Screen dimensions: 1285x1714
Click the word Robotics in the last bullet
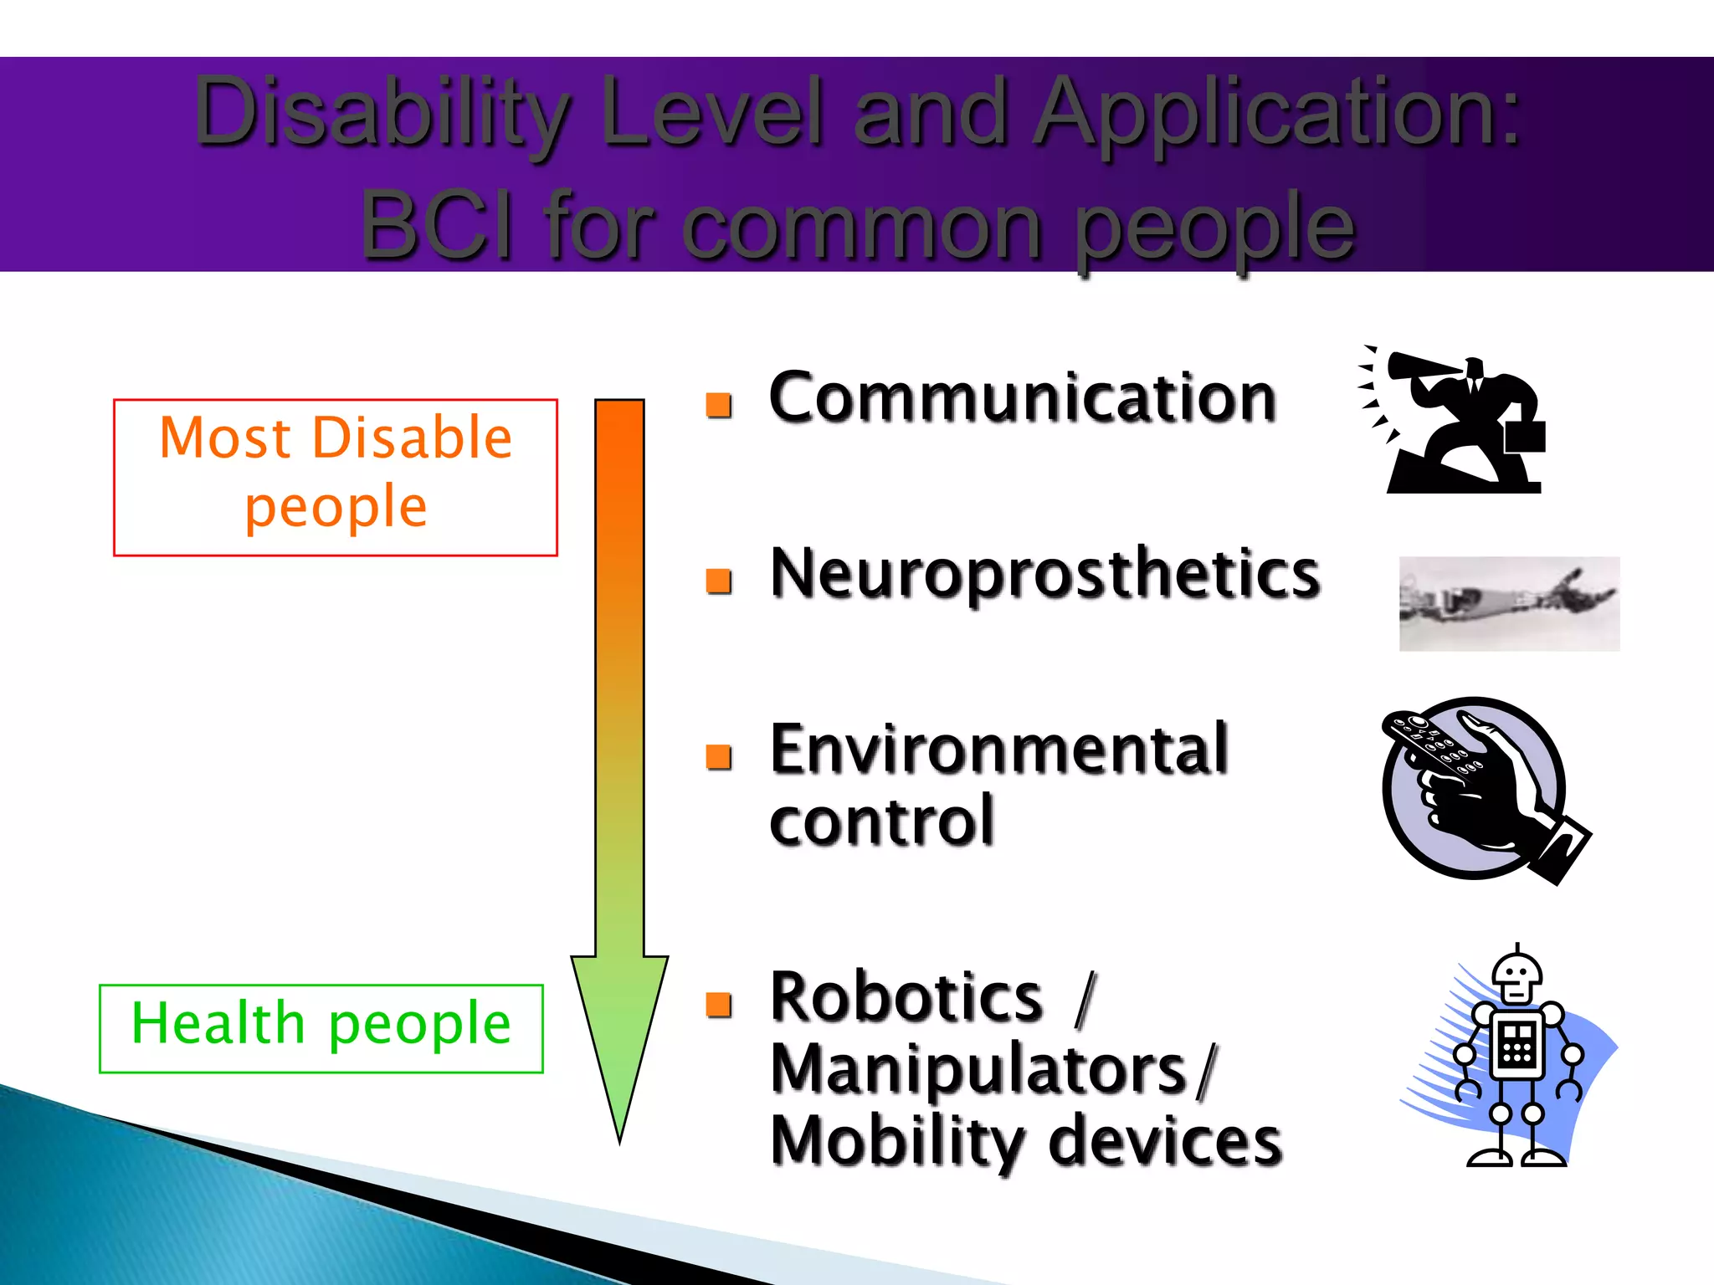point(906,997)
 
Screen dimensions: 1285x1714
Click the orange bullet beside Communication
point(718,405)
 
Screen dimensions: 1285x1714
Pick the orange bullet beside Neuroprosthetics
point(718,581)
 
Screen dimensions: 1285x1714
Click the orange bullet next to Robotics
point(718,1004)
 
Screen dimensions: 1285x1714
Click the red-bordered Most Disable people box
point(335,477)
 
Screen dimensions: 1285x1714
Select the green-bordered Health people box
point(321,1028)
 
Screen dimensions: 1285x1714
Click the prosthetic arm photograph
point(1509,603)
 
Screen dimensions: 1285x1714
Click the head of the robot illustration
point(1516,975)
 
